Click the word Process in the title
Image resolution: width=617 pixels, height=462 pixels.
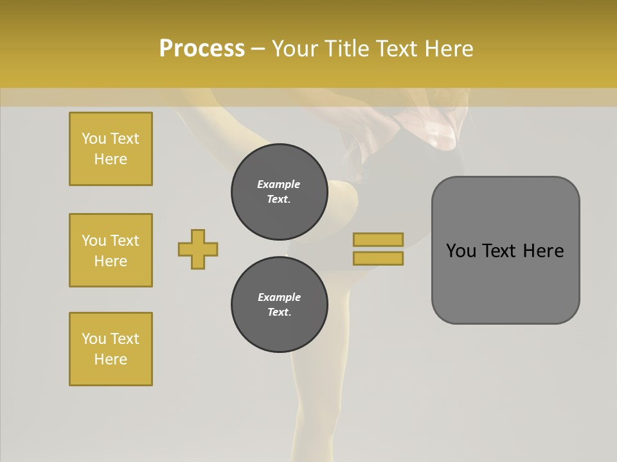pyautogui.click(x=202, y=49)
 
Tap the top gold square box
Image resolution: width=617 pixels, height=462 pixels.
pyautogui.click(x=111, y=149)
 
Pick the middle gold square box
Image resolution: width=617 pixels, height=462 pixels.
pyautogui.click(x=111, y=250)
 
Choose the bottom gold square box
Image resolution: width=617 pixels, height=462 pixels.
pyautogui.click(x=111, y=349)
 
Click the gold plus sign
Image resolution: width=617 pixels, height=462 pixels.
pyautogui.click(x=198, y=249)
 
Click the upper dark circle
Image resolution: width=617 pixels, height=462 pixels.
pyautogui.click(x=280, y=192)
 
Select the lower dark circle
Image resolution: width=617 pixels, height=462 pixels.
pyautogui.click(x=280, y=305)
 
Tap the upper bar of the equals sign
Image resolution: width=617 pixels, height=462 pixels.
pyautogui.click(x=378, y=239)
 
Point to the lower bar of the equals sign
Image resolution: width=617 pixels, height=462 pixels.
pyautogui.click(x=378, y=258)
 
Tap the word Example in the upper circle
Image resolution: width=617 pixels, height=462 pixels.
pyautogui.click(x=278, y=185)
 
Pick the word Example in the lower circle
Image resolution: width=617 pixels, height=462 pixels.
pyautogui.click(x=279, y=298)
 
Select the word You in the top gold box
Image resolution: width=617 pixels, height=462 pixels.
pyautogui.click(x=94, y=139)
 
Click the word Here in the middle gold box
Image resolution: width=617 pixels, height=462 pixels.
pyautogui.click(x=111, y=261)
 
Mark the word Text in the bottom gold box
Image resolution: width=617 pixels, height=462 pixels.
pyautogui.click(x=124, y=339)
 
